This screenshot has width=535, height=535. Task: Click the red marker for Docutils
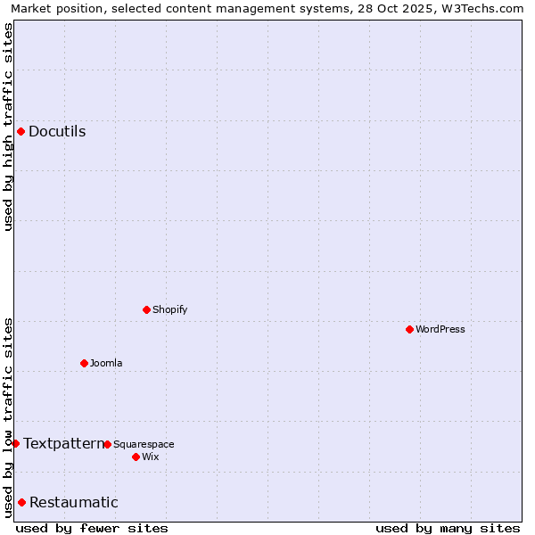tap(21, 132)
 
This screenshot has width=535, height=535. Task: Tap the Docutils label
tap(57, 132)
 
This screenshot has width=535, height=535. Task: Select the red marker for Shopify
tap(146, 310)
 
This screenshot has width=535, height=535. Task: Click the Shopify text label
tap(169, 310)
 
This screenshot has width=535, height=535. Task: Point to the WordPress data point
tap(409, 330)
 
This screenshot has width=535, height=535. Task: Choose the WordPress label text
tap(440, 330)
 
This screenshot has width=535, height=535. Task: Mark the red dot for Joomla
tap(84, 363)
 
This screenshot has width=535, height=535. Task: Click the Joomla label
tap(106, 363)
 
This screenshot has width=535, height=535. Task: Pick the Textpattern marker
tap(15, 443)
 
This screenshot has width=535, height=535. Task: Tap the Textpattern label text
tap(62, 443)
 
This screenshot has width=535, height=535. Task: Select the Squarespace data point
tap(107, 444)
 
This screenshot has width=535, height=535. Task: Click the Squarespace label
tap(144, 444)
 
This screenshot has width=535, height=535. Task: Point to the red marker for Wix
tap(136, 457)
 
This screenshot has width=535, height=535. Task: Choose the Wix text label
tap(151, 457)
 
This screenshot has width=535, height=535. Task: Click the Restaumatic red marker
tap(21, 503)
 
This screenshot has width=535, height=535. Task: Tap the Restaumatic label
tap(73, 503)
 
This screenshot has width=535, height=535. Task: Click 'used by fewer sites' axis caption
tap(92, 528)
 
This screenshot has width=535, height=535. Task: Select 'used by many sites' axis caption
tap(448, 528)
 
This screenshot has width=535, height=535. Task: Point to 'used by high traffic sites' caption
tap(9, 127)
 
